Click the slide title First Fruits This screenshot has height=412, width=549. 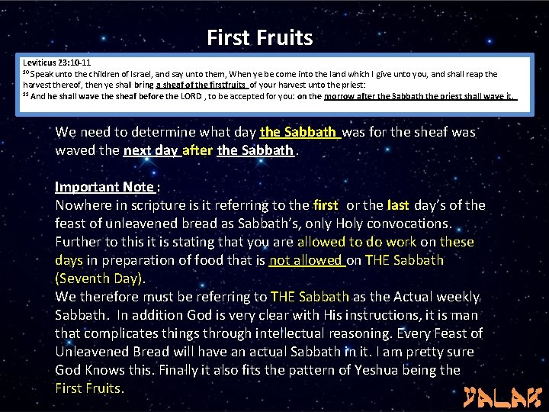click(x=259, y=37)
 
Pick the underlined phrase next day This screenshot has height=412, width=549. click(x=151, y=150)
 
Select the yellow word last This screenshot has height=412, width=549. click(x=398, y=205)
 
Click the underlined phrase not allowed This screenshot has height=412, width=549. click(x=306, y=260)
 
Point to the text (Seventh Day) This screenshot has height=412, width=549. click(x=100, y=278)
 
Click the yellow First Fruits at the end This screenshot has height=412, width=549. click(x=88, y=388)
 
